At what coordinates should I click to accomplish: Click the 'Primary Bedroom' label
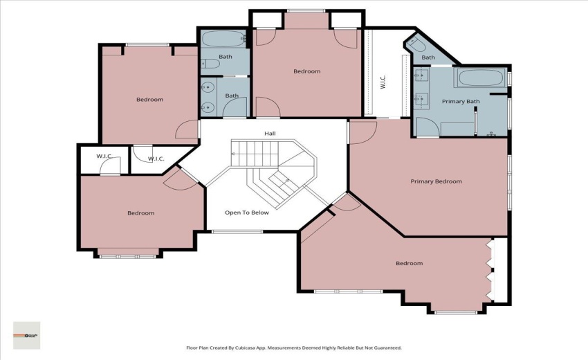[436, 181]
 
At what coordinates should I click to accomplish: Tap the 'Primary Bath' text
[461, 102]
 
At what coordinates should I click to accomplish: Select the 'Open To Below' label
[247, 213]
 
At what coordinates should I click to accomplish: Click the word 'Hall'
[270, 134]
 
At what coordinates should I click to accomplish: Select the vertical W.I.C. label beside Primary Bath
[383, 82]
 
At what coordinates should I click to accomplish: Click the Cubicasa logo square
[27, 335]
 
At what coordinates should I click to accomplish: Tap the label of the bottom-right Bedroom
[409, 263]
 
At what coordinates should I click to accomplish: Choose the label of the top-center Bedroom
[306, 71]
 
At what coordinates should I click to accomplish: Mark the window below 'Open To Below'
[237, 231]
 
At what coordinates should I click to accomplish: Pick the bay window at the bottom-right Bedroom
[456, 312]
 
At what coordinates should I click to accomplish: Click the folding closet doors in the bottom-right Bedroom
[491, 273]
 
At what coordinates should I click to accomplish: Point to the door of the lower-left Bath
[236, 107]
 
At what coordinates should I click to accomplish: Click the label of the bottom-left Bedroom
[140, 213]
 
